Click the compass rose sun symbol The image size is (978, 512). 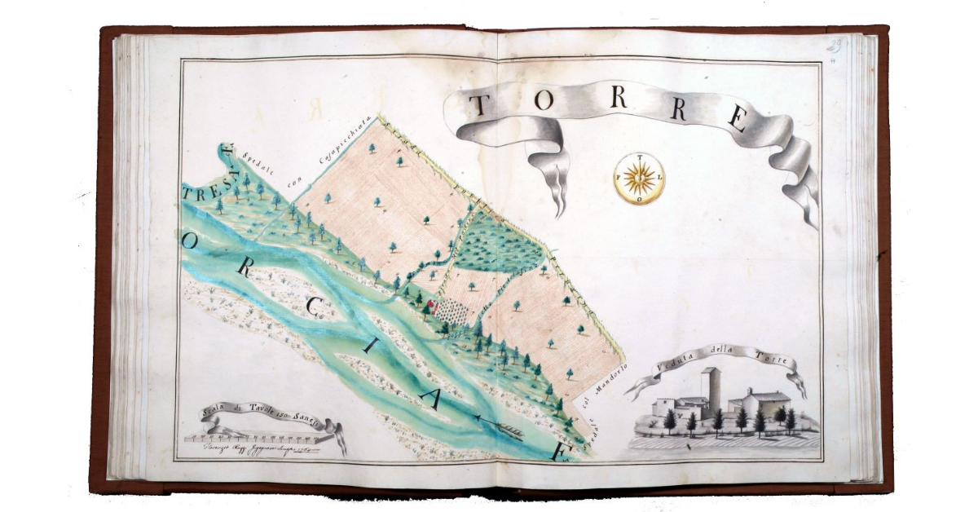pos(639,178)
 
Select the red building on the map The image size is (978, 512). pos(430,304)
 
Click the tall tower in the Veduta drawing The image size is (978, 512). pos(712,389)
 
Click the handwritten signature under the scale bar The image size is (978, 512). pos(253,448)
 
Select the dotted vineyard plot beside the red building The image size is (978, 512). pos(449,311)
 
